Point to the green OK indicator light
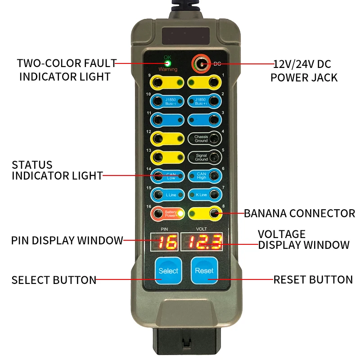click(x=167, y=63)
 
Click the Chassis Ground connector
click(x=205, y=139)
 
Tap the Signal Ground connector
click(x=205, y=157)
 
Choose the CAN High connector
click(x=205, y=175)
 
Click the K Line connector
click(x=205, y=194)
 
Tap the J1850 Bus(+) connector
click(x=205, y=101)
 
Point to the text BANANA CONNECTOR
click(x=299, y=213)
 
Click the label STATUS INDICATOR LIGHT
click(x=57, y=170)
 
